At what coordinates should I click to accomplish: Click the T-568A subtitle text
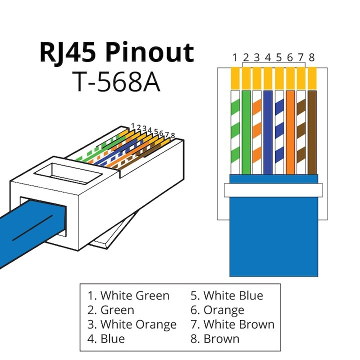(x=116, y=81)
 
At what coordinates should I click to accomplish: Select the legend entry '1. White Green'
(x=128, y=295)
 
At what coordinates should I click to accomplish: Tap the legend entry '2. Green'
(x=110, y=310)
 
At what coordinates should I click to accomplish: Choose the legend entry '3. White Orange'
(x=132, y=324)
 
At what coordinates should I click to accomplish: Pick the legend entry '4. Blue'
(x=106, y=338)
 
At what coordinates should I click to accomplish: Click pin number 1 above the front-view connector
(x=234, y=57)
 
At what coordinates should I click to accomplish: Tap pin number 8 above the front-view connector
(x=311, y=57)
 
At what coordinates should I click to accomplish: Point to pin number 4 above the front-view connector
(x=267, y=57)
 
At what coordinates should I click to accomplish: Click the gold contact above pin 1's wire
(x=234, y=77)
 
